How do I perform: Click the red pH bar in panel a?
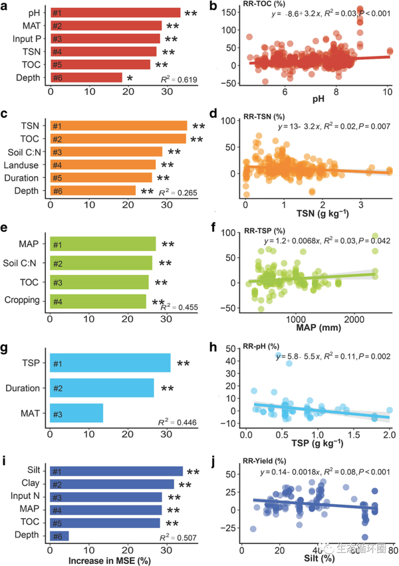(x=113, y=13)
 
